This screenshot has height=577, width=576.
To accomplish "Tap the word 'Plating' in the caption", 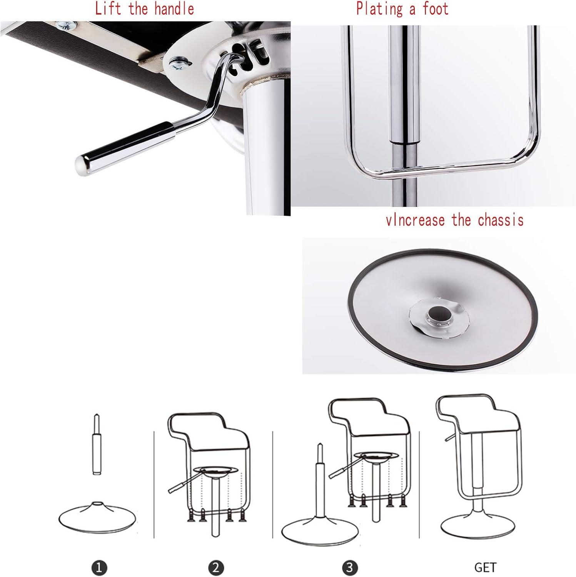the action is click(379, 8).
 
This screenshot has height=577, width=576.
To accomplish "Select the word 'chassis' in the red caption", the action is click(501, 220).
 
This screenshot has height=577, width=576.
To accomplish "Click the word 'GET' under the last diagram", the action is click(485, 567).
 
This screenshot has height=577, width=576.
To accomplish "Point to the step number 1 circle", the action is click(99, 567).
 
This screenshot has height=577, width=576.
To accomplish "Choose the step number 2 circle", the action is click(216, 567).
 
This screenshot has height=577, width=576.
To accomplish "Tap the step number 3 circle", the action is click(349, 567).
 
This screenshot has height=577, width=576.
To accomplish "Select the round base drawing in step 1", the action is click(98, 517).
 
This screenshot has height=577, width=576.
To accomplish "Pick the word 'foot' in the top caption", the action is click(436, 8).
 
